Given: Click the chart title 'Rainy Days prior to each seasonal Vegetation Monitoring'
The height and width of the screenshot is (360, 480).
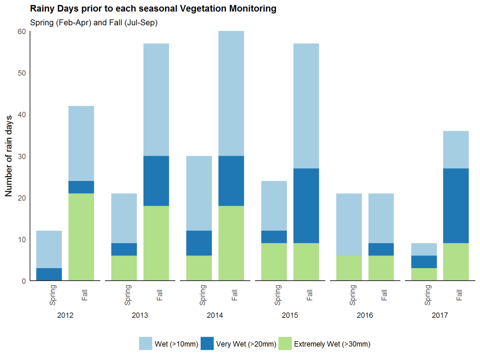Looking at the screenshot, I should tap(153, 9).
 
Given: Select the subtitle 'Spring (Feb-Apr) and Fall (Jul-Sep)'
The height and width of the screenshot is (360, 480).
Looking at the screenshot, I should tap(93, 22).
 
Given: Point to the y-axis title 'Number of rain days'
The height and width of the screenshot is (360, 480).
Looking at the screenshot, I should tap(8, 156).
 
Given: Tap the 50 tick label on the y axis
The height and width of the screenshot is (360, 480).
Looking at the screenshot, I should tap(22, 73).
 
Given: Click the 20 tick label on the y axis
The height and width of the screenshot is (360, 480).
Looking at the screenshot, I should tap(22, 198).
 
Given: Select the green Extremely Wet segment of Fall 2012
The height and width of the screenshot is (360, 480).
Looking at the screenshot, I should tap(81, 237).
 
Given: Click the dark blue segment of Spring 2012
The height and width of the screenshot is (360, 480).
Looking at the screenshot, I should tap(49, 274).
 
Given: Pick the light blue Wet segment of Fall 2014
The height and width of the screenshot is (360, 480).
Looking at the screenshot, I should tap(231, 93).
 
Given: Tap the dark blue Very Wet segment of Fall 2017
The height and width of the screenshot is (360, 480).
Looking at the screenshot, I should tap(456, 205).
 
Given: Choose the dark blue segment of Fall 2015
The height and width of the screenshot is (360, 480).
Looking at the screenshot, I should tap(306, 205).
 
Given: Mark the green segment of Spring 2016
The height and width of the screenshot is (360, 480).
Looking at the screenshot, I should tap(349, 268).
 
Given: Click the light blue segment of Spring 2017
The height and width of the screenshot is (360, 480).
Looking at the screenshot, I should tap(424, 249).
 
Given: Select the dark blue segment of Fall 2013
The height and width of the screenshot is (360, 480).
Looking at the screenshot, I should tap(156, 180).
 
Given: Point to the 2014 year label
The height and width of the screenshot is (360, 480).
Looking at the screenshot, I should tap(215, 315).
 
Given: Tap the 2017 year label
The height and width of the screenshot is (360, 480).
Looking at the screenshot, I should tap(440, 315).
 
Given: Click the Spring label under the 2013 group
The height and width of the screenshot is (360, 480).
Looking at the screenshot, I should tap(128, 293).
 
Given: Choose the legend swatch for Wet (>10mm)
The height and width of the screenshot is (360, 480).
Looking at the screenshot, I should tap(146, 344).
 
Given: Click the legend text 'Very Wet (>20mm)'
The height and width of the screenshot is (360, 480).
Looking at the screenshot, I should tap(246, 345).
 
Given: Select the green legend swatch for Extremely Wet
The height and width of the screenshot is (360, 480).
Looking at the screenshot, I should tap(285, 344).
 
